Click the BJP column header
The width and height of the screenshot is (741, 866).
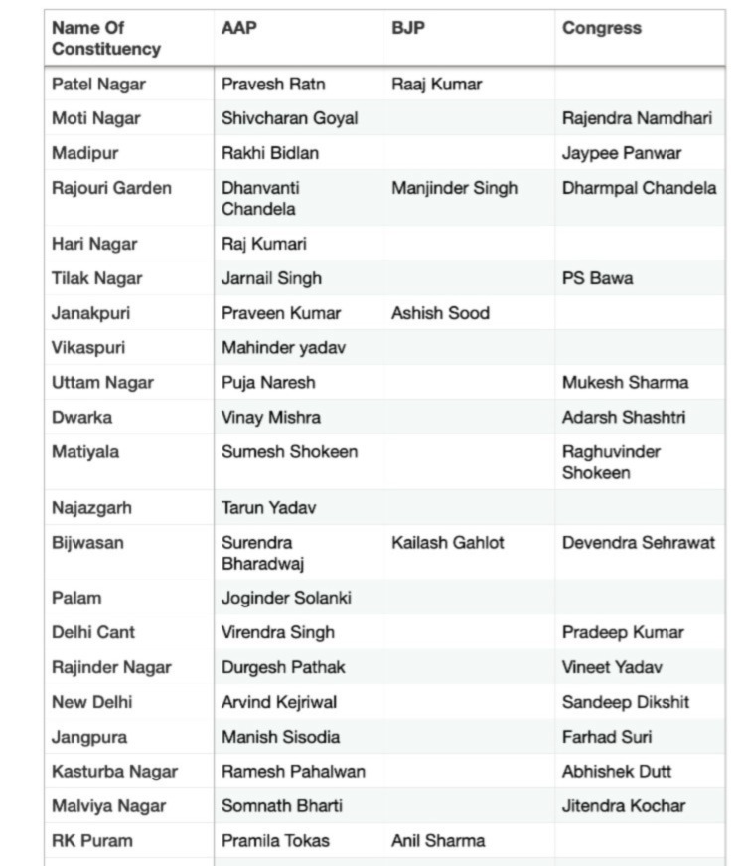click(408, 28)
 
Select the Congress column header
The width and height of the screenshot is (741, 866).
click(601, 28)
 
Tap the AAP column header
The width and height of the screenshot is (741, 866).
click(238, 28)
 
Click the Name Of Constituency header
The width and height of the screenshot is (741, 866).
click(105, 38)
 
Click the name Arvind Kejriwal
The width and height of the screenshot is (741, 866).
click(279, 702)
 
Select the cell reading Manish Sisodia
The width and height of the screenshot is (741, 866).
click(280, 737)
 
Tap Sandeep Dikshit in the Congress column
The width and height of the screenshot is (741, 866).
click(626, 702)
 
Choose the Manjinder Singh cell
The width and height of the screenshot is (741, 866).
click(454, 188)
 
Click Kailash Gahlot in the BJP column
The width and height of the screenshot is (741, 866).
click(448, 543)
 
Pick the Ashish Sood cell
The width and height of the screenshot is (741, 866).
click(440, 313)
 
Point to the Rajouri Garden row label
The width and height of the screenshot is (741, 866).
click(111, 188)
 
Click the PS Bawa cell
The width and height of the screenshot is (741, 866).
click(597, 278)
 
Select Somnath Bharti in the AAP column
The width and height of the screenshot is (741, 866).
click(282, 806)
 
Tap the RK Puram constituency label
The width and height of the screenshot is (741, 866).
click(91, 841)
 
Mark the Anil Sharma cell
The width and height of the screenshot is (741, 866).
click(438, 841)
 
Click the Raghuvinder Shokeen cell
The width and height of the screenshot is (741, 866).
click(611, 462)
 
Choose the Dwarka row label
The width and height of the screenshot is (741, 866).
click(81, 418)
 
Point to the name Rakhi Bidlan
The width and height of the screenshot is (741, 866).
click(270, 153)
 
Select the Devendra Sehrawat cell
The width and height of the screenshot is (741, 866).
click(639, 543)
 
